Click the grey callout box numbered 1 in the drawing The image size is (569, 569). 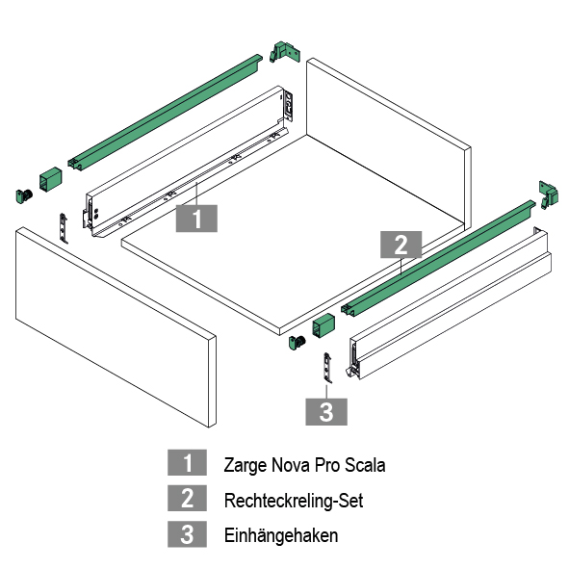196,219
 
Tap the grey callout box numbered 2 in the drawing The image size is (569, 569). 401,245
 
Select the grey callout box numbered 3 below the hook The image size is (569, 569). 326,411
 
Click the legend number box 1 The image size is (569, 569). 187,462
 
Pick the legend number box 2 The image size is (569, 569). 187,498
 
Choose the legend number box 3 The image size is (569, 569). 187,533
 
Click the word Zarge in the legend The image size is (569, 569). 246,466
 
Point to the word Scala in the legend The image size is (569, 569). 365,465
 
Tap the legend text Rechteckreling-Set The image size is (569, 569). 294,501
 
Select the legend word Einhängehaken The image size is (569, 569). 281,535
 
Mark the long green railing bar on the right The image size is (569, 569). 438,257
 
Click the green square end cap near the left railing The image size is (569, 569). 50,179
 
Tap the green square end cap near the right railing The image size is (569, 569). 323,325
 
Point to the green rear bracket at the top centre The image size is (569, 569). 285,52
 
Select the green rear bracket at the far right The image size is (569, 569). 549,194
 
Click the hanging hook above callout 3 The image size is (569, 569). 327,368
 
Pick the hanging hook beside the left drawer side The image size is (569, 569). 64,228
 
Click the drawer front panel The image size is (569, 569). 116,326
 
